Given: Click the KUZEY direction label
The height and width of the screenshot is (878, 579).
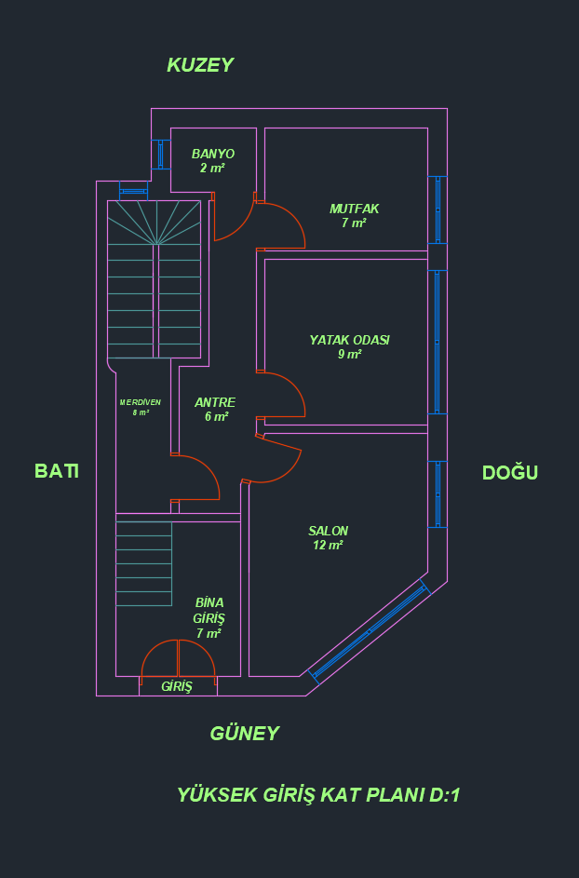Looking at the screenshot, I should click(x=199, y=65).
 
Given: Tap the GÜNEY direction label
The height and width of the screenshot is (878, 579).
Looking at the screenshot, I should click(x=244, y=733).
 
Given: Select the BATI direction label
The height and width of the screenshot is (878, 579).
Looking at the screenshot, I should click(x=57, y=471).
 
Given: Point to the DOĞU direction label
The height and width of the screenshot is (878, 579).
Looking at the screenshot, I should click(x=510, y=472).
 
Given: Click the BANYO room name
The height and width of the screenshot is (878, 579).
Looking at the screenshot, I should click(x=212, y=154).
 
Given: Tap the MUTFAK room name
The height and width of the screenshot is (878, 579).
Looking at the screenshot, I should click(x=354, y=209).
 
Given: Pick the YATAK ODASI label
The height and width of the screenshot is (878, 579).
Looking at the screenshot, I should click(x=349, y=340).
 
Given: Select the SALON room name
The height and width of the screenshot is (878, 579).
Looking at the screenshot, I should click(x=329, y=531).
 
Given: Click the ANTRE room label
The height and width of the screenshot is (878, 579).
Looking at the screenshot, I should click(x=215, y=402).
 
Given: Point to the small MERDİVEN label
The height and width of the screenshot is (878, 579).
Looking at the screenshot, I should click(x=141, y=402).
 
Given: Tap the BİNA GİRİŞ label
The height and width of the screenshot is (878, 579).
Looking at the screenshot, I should click(x=209, y=610).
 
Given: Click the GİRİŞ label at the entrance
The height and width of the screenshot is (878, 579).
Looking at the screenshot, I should click(x=177, y=686).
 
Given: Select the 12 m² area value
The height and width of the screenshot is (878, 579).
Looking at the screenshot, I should click(x=329, y=546).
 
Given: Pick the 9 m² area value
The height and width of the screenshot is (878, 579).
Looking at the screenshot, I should click(x=349, y=354).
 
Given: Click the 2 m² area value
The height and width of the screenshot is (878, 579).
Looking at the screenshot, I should click(x=212, y=169).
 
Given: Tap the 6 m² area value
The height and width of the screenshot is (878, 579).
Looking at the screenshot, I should click(x=216, y=417).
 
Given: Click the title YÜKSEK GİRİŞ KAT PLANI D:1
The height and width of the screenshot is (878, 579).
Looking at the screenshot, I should click(x=318, y=795).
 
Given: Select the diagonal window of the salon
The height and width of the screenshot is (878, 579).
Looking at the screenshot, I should click(x=370, y=629).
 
